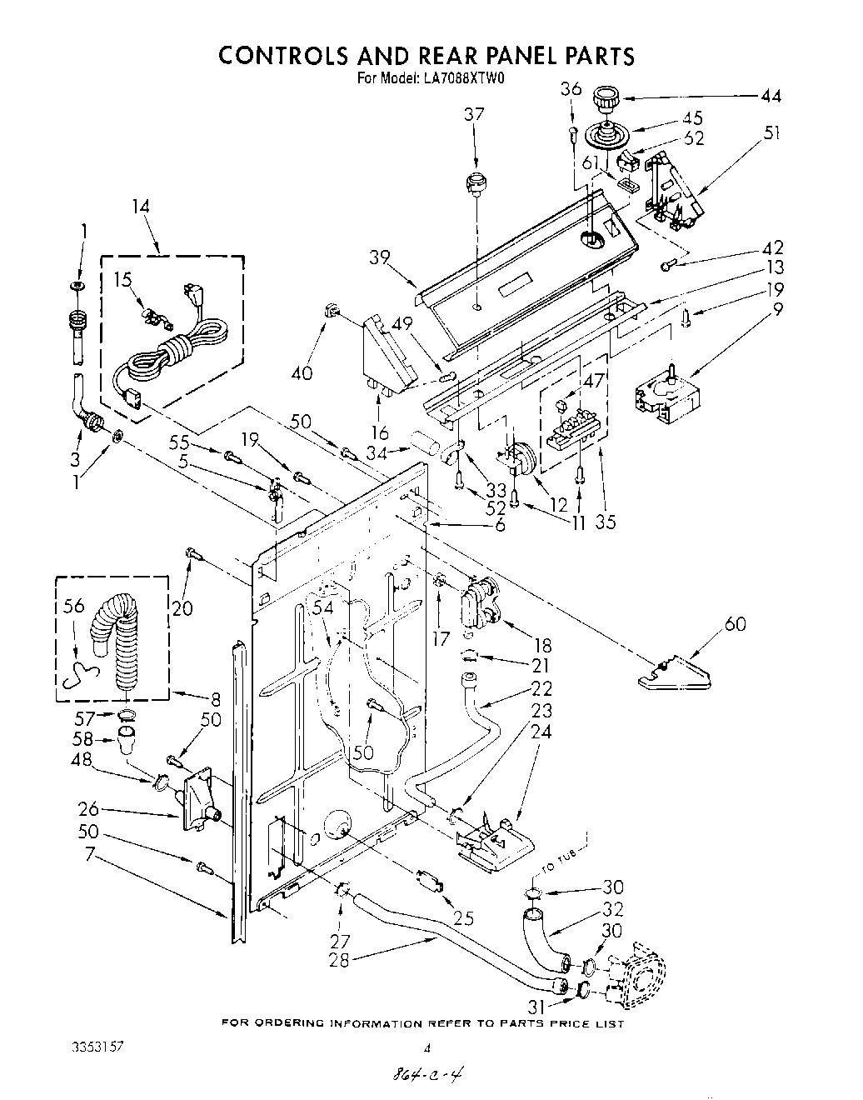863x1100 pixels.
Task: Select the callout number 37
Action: pyautogui.click(x=474, y=115)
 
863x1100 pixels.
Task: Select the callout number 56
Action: pyautogui.click(x=74, y=606)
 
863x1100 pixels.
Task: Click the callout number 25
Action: pyautogui.click(x=464, y=918)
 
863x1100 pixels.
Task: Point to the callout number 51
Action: pyautogui.click(x=772, y=133)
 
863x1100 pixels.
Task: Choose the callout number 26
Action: pyautogui.click(x=88, y=807)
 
